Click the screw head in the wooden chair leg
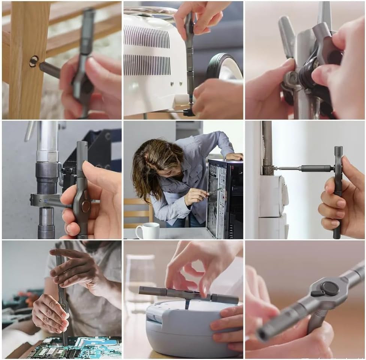coord(34,61)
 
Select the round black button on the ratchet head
coord(330,288)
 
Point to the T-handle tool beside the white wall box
coord(337,191)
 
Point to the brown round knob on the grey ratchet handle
coord(86,206)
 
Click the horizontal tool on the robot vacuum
coord(187,294)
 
